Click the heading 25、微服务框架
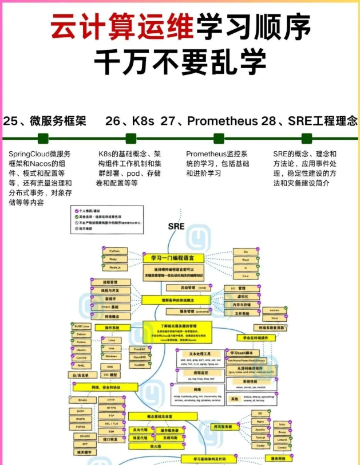tap(45, 121)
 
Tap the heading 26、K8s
tap(130, 121)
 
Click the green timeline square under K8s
tap(131, 138)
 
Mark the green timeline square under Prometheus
tap(219, 138)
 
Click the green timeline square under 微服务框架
tap(43, 138)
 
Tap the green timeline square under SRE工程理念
tap(307, 138)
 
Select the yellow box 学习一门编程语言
tap(172, 258)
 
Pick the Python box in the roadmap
tap(114, 251)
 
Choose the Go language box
tap(245, 251)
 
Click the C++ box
tap(245, 275)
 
